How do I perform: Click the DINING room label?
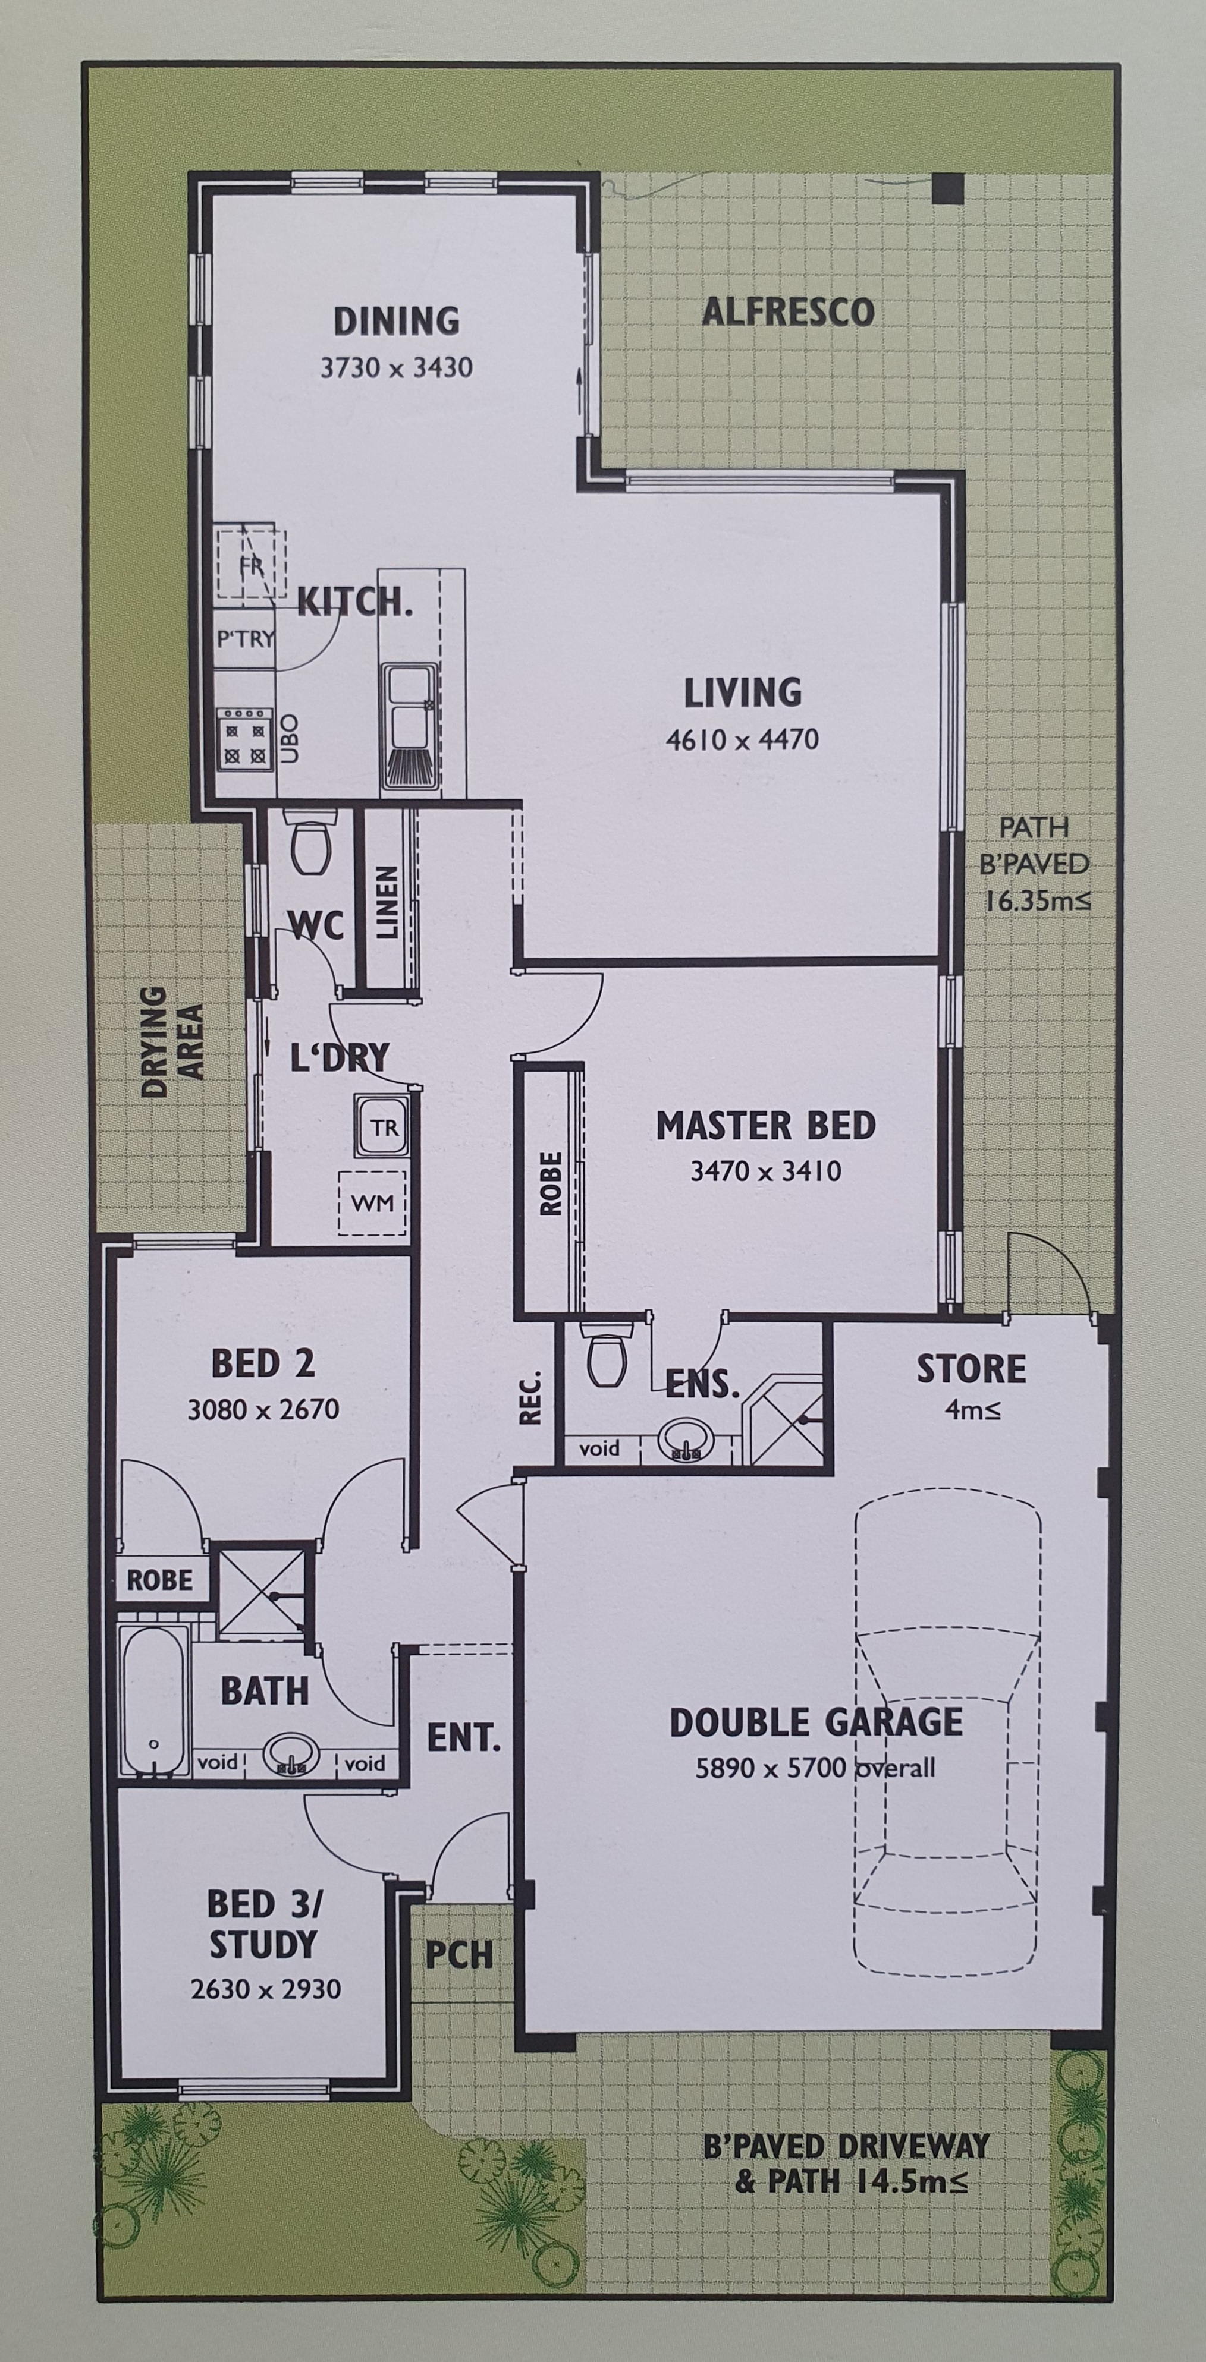[396, 321]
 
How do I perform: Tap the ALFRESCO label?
[788, 312]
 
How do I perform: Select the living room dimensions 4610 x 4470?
[743, 739]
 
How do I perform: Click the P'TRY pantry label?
[246, 639]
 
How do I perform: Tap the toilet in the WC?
[311, 845]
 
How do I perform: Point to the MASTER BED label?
[766, 1126]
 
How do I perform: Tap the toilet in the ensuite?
[606, 1356]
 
